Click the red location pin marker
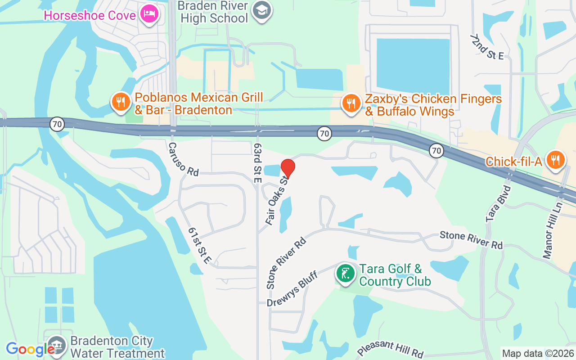click(288, 168)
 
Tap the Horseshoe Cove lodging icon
click(148, 14)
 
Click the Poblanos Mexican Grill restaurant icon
click(120, 102)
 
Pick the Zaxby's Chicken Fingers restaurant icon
click(351, 103)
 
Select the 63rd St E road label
click(257, 163)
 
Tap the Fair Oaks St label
click(277, 200)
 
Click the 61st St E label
click(199, 245)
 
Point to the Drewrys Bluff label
click(292, 288)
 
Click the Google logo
click(30, 349)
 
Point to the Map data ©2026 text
click(538, 353)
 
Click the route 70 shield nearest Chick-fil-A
click(436, 151)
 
